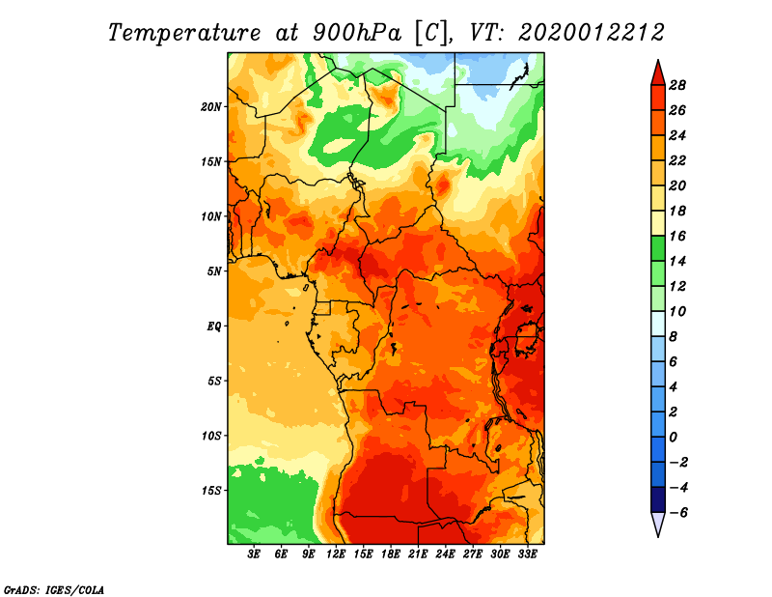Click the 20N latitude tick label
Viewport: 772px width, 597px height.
coord(210,107)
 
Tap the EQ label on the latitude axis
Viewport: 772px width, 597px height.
coord(213,327)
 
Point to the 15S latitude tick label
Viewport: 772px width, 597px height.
coord(210,491)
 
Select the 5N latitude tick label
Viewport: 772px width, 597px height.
coord(214,271)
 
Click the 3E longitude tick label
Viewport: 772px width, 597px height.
coord(254,554)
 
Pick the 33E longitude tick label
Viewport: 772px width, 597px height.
coord(527,554)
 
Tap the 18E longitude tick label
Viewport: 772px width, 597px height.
coord(391,554)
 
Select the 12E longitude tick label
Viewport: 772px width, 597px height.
coord(336,554)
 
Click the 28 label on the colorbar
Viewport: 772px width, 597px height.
coord(677,86)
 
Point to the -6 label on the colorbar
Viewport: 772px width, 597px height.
coord(677,513)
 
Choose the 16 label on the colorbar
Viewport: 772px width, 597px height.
coord(677,237)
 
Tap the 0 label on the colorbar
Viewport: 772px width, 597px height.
coord(673,438)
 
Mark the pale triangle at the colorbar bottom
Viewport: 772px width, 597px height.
coord(658,523)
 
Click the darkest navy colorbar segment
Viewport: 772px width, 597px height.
coord(658,499)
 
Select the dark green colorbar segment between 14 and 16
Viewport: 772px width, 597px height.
coord(658,248)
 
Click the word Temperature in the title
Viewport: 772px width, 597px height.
coord(184,34)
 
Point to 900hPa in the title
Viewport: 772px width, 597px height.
coord(357,33)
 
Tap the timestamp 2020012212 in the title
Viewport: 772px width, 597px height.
coord(592,33)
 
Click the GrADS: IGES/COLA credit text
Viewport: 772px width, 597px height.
coord(54,590)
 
